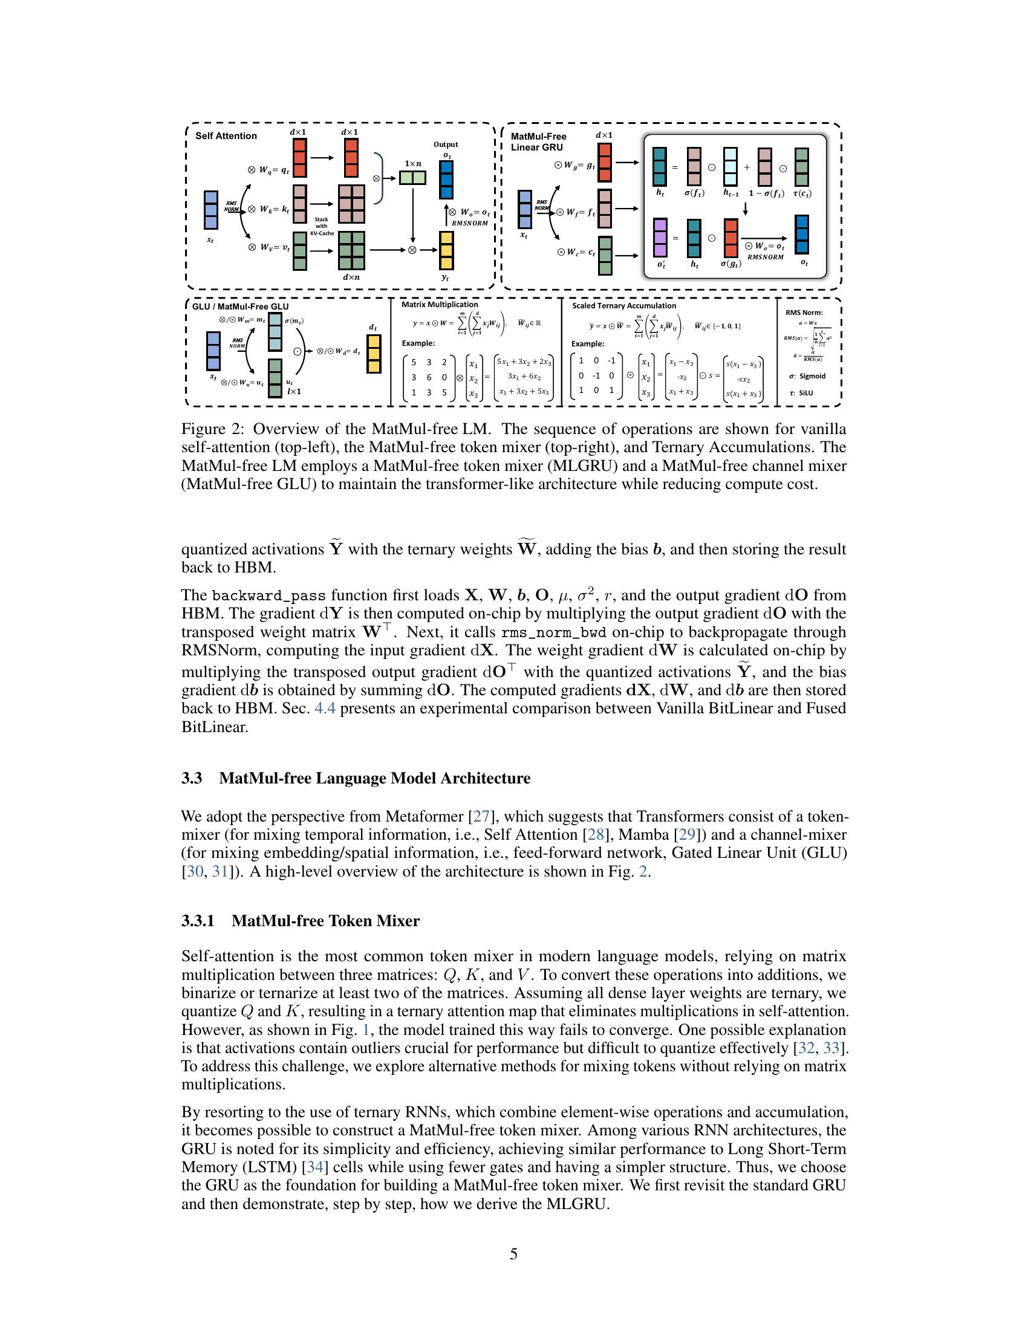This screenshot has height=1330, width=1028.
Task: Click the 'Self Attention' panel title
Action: [226, 136]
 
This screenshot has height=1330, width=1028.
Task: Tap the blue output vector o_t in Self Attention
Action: [446, 180]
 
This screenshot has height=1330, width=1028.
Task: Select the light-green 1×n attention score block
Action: [412, 178]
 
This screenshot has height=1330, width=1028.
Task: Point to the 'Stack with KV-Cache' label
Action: [322, 226]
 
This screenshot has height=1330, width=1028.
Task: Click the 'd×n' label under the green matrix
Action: [351, 277]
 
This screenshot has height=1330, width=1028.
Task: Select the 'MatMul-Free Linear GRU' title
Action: [538, 142]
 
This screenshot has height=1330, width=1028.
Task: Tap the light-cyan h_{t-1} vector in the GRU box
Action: [730, 166]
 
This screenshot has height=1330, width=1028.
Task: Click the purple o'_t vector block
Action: [660, 238]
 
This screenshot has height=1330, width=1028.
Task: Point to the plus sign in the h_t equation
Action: [747, 167]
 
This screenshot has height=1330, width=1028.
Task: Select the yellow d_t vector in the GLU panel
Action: [374, 354]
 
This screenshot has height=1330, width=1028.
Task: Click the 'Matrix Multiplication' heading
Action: [440, 305]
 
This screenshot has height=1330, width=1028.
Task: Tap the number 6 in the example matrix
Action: [429, 378]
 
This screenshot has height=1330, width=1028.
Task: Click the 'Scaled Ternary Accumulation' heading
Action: [623, 306]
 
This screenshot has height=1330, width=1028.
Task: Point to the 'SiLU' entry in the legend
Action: [805, 393]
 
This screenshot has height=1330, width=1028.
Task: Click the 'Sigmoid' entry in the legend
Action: [812, 376]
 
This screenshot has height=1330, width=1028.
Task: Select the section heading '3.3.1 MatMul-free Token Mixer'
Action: [301, 921]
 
